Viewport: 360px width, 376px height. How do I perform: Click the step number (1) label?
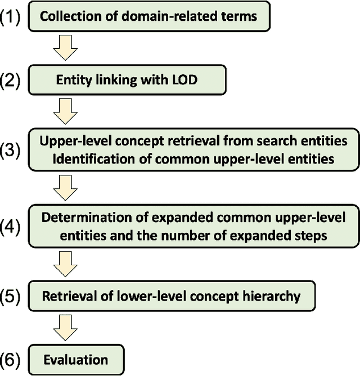(x=11, y=16)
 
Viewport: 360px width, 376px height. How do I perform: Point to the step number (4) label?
(x=11, y=226)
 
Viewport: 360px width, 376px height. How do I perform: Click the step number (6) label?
(x=11, y=359)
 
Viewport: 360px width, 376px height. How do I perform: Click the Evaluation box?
(x=75, y=359)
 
